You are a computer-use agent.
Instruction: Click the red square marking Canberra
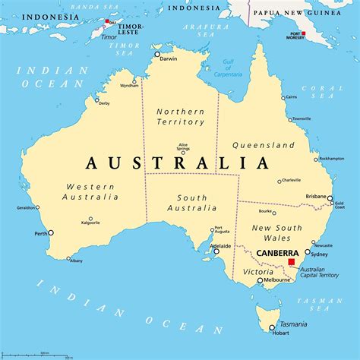click(291, 262)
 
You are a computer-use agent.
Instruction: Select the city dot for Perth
click(51, 232)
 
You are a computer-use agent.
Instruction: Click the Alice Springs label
click(183, 147)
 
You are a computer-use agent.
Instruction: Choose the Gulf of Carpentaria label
click(229, 69)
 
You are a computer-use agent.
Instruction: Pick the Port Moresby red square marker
click(304, 34)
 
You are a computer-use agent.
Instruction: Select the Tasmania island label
click(293, 324)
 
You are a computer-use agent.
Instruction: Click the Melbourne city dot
click(260, 281)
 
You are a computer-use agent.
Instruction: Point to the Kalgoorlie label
click(90, 223)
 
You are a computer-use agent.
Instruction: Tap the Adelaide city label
click(221, 246)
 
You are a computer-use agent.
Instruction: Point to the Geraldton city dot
click(38, 207)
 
